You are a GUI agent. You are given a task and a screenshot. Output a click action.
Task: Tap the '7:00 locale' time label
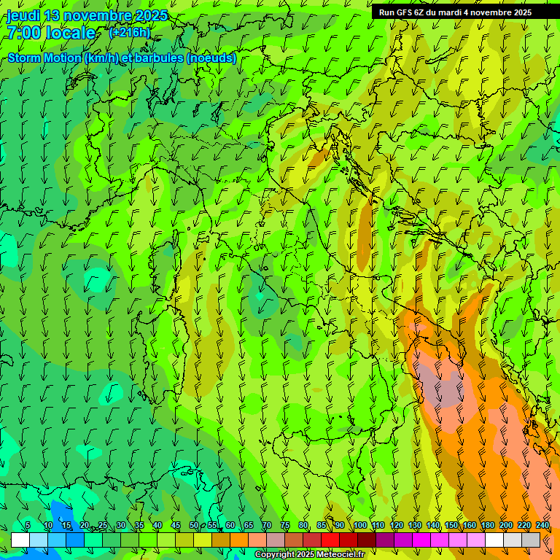tap(51, 33)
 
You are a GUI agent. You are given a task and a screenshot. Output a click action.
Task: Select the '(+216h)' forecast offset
tap(130, 32)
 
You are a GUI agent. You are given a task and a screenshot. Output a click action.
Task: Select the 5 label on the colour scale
tap(28, 525)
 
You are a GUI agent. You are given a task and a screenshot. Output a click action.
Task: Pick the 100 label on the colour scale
tap(359, 525)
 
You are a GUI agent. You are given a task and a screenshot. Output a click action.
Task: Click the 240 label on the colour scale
tap(542, 525)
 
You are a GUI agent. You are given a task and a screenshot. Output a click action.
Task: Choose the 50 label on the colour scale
tap(193, 525)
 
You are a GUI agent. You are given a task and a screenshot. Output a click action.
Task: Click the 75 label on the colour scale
tap(285, 525)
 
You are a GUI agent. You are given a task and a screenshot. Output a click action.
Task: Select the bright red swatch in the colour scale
tap(330, 540)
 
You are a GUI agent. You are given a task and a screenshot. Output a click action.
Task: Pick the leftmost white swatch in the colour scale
tap(20, 540)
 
